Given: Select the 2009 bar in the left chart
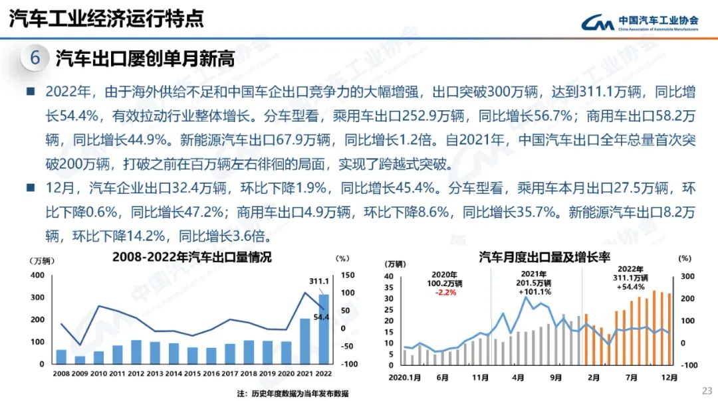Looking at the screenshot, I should (x=80, y=360).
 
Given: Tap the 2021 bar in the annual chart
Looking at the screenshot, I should (x=304, y=341).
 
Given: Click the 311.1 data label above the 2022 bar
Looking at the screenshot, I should (x=319, y=281).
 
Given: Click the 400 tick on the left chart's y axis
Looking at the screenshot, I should (x=39, y=274).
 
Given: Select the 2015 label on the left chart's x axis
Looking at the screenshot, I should (x=192, y=374).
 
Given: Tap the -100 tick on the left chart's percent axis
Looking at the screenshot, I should (x=350, y=364).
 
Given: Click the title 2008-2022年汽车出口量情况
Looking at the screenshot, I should (x=192, y=257).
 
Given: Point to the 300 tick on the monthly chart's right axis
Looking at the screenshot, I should (x=687, y=277).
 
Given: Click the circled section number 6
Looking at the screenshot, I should (x=35, y=58).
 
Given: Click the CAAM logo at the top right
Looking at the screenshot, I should (x=638, y=23).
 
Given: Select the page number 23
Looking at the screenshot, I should (x=707, y=390).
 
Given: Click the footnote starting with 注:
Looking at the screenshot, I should (x=293, y=394).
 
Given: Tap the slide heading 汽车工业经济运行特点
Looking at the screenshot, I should (x=106, y=19).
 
